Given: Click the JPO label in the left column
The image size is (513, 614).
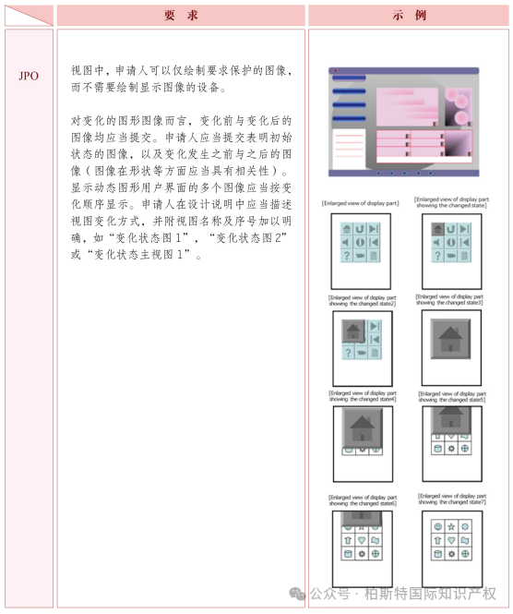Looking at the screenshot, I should (x=29, y=76).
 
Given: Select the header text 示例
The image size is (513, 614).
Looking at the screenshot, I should (x=409, y=15).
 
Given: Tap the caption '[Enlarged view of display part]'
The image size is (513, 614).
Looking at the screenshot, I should (x=360, y=202).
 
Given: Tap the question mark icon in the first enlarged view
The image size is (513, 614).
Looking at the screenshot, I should (x=346, y=255).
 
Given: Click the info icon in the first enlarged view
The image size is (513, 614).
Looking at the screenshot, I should (x=360, y=242).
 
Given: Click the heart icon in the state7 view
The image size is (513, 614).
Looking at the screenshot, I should (x=450, y=540).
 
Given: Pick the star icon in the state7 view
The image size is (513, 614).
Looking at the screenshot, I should (x=450, y=526).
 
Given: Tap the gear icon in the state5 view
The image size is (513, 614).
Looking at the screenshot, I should (x=450, y=448).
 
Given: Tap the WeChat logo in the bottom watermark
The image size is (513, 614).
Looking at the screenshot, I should (x=297, y=593).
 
